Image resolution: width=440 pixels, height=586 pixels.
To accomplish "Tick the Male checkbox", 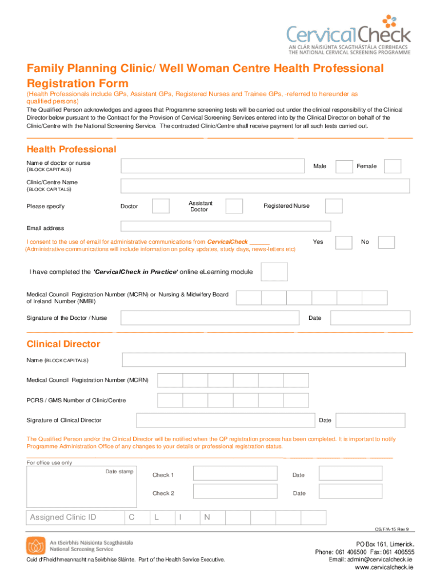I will point(344,167).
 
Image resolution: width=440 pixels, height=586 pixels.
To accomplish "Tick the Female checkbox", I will point(393,167).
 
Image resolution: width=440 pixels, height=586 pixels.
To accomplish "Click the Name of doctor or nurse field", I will point(212,166).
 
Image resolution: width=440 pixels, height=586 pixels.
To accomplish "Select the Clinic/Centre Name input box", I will point(265,186).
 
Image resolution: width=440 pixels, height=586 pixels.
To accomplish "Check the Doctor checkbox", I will point(161,206).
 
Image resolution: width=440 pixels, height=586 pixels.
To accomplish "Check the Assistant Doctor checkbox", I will point(234,206).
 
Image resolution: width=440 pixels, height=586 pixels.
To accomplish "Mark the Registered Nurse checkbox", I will point(334,206).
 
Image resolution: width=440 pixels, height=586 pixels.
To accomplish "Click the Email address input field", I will point(226,227).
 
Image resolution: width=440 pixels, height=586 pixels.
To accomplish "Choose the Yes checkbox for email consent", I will point(343,242).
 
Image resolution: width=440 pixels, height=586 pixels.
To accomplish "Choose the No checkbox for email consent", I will point(386,242).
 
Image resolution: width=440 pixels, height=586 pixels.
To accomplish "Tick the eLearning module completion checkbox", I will point(274,272).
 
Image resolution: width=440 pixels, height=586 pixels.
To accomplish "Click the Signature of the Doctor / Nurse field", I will point(210,318).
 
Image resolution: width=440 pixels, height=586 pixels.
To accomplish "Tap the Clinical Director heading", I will point(63,344).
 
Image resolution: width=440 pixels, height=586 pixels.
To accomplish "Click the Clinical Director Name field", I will point(264,360).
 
